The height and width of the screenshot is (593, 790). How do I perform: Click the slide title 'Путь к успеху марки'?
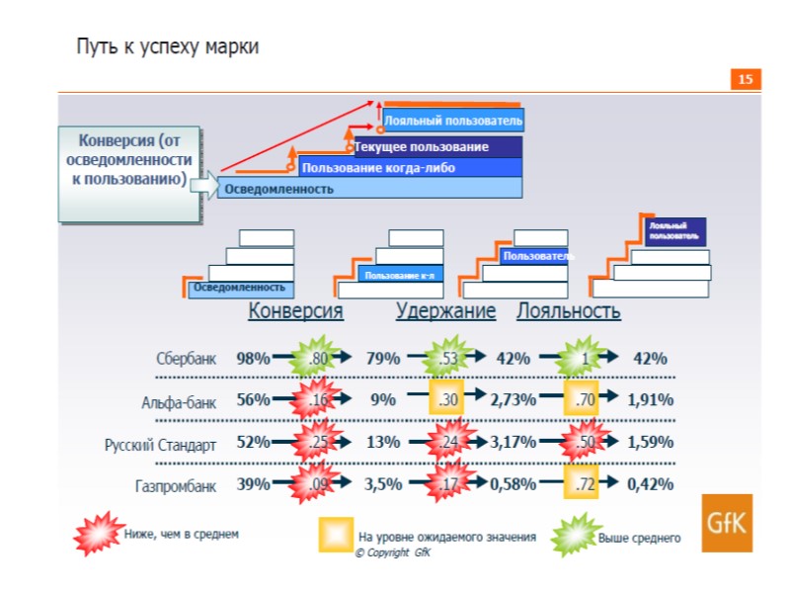point(168,47)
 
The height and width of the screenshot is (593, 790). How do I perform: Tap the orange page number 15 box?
point(746,79)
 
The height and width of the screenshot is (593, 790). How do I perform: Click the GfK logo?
point(727,523)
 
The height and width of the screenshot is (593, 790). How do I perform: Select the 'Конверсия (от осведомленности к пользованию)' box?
point(130,172)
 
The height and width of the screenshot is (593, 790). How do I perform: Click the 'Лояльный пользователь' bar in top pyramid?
point(453,121)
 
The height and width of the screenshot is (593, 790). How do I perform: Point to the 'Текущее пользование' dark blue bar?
point(436,147)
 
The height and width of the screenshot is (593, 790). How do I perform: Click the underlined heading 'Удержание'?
point(445,311)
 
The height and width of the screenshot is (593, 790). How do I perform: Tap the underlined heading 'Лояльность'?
point(568,311)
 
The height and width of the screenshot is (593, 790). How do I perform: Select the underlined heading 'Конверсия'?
point(295,311)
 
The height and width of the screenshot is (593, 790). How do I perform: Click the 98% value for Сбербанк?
point(253,359)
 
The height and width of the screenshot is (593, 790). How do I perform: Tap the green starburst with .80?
point(318,359)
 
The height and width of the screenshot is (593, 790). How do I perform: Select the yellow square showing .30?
point(447,400)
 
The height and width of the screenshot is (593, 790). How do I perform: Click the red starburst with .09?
point(318,484)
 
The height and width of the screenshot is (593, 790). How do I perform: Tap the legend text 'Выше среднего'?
point(639,538)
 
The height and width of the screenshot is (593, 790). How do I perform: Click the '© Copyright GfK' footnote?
point(392,552)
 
